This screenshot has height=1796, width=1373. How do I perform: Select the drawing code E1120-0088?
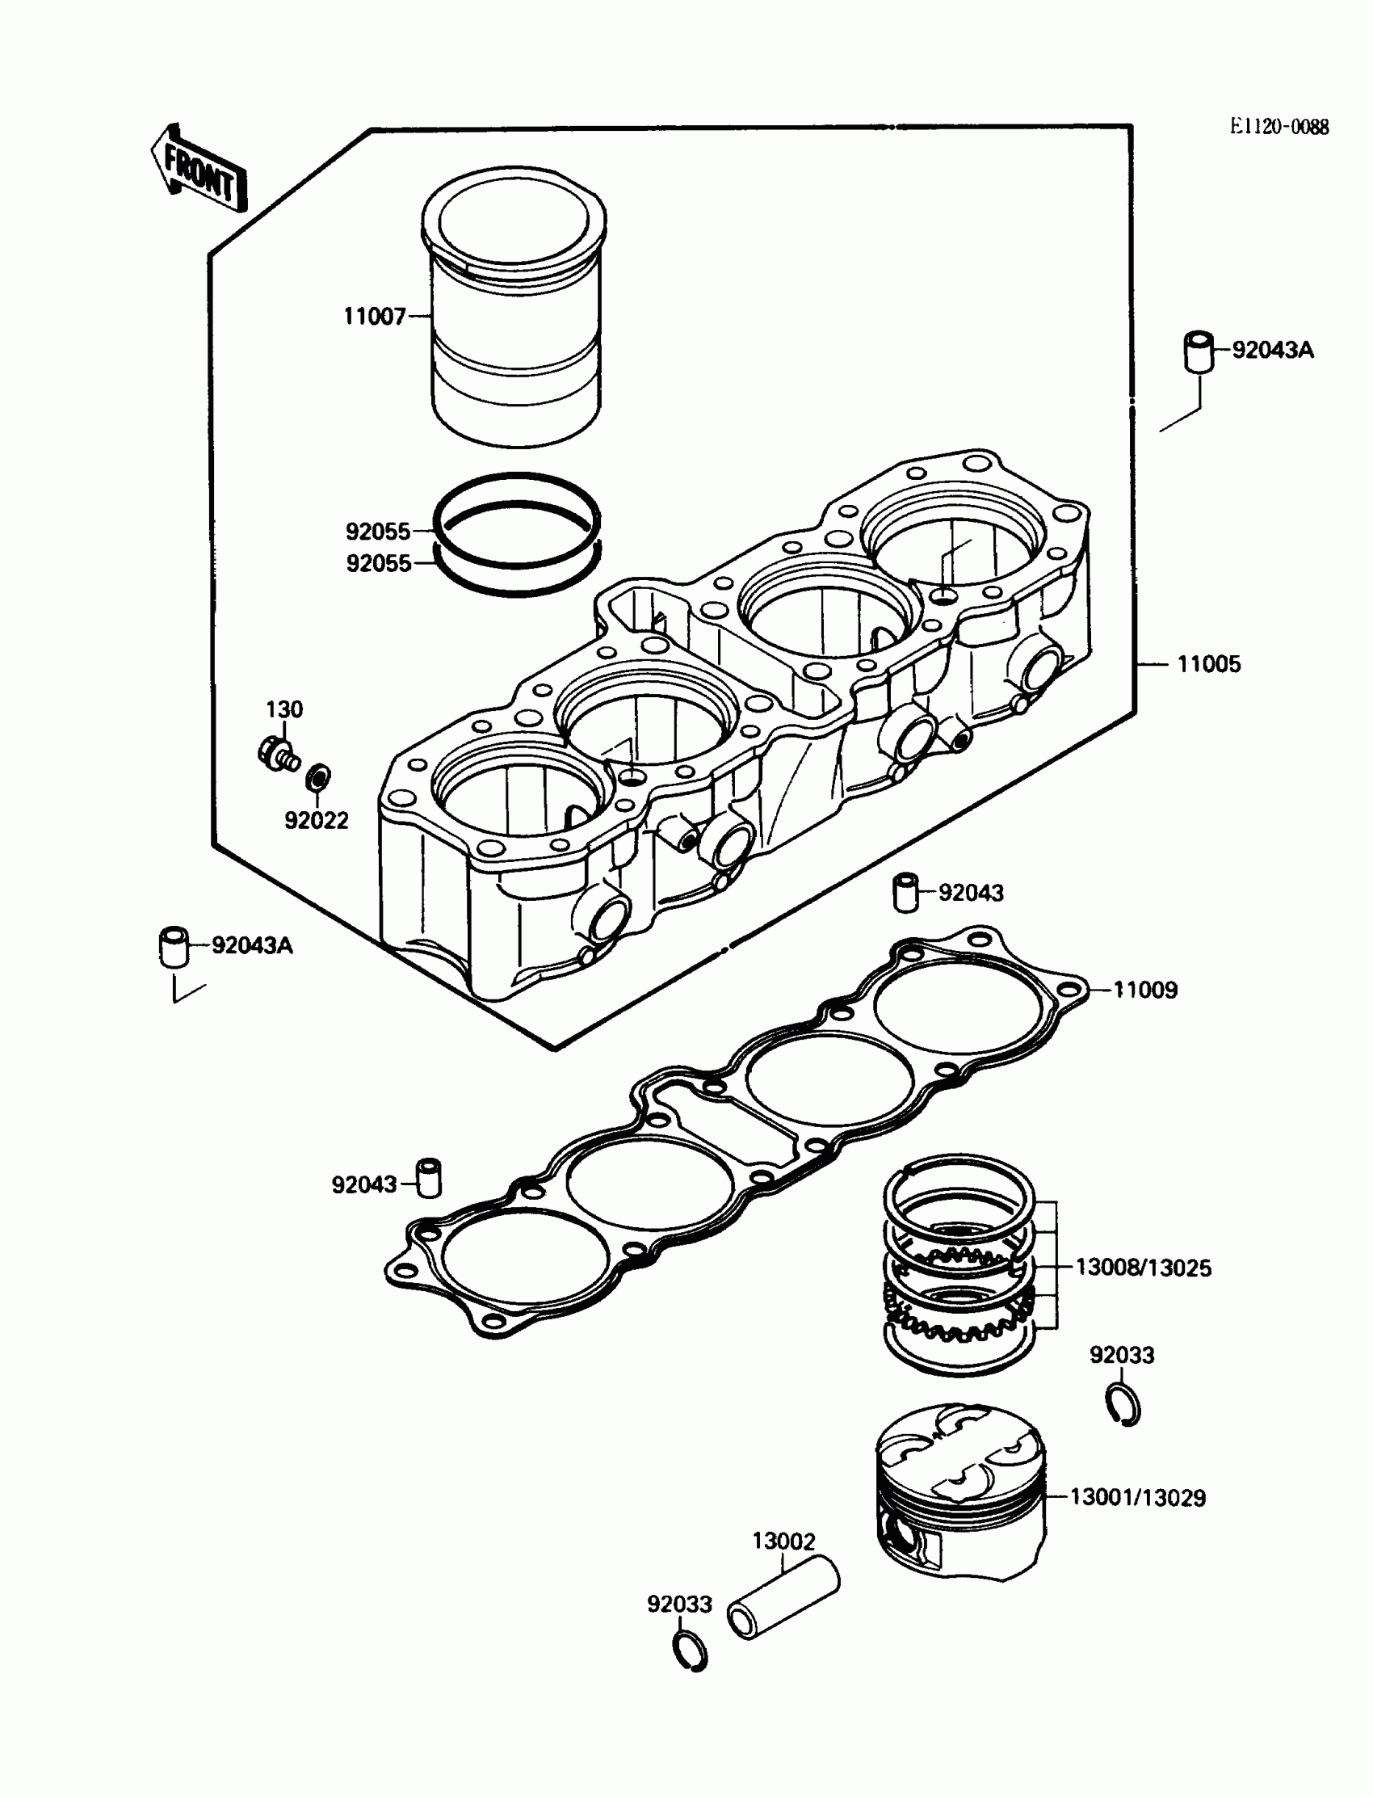coord(1279,127)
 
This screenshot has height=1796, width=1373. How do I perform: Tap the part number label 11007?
coord(374,317)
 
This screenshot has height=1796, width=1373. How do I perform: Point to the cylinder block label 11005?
coord(1208,664)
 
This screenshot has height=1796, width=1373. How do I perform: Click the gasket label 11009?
coord(1145,990)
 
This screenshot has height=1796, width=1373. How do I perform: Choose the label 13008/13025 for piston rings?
coord(1143,1268)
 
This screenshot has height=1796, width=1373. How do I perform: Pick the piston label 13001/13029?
coord(1138,1498)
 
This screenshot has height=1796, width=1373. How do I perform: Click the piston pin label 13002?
coord(783,1541)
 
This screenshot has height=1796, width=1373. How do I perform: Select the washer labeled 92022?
coord(318,777)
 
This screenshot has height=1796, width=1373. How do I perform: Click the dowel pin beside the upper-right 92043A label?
coord(1199,351)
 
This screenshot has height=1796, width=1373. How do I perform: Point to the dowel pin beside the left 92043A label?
coord(173,947)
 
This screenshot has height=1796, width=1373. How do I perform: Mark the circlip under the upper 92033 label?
coord(1123,1407)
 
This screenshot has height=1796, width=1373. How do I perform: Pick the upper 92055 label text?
coord(378,532)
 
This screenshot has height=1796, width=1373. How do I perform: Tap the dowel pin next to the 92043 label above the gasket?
coord(905,892)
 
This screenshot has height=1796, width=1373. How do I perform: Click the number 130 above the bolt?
coord(284,709)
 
